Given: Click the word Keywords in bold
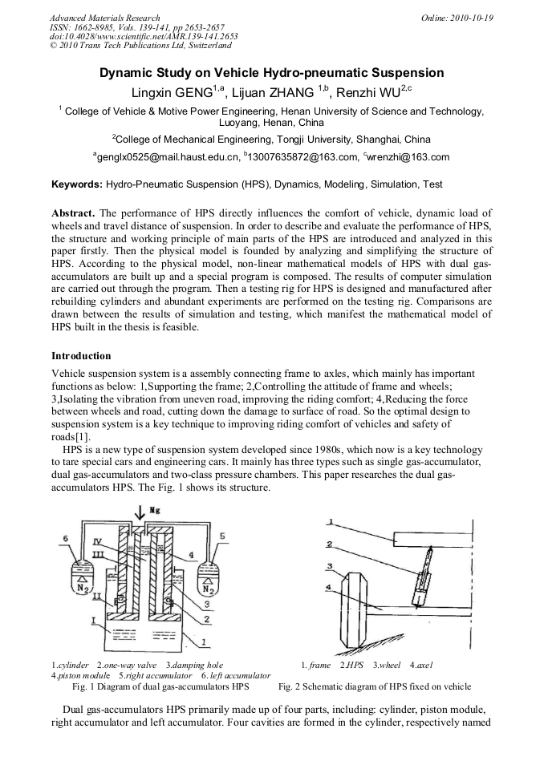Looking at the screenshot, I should (77, 184).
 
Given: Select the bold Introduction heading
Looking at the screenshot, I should (81, 355).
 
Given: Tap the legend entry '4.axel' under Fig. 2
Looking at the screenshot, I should (420, 666).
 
